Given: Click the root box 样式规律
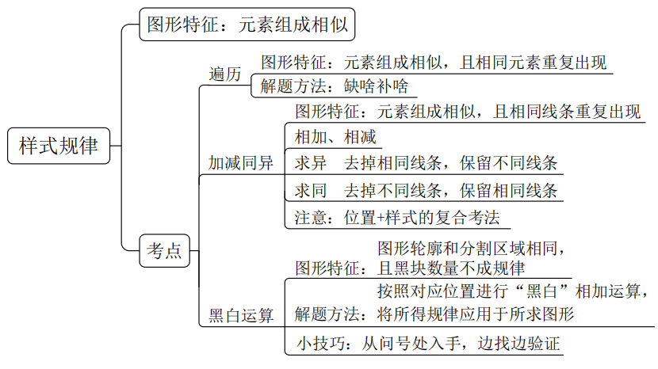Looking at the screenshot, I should pos(59,146).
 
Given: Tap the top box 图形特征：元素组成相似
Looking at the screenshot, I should pos(247,25).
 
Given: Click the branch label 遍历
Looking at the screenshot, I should pos(224,74).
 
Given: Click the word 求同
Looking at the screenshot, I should pos(311,191).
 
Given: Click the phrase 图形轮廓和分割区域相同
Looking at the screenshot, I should pos(471,247).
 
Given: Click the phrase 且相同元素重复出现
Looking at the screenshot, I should pos(534,62).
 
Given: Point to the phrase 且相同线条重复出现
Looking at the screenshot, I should pos(566,111).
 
